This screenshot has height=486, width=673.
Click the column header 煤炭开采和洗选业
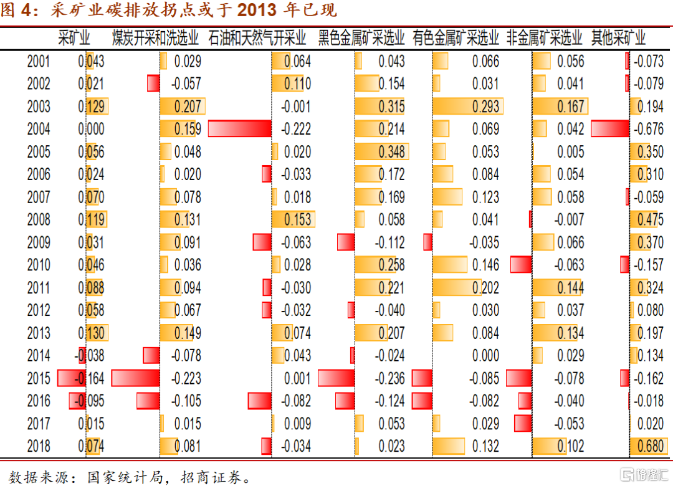[156, 38]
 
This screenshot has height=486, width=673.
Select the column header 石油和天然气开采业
[257, 38]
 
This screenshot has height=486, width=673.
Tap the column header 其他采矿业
[618, 38]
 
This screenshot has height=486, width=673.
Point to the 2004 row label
[39, 130]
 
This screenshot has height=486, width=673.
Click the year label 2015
[39, 378]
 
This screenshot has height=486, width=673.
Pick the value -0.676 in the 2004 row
[649, 130]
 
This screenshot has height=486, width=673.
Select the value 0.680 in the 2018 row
[649, 446]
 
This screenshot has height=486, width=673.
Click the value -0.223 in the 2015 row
[188, 378]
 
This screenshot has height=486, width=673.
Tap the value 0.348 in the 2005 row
[391, 152]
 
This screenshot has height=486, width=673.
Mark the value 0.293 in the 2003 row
[485, 107]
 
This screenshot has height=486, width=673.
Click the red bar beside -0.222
[240, 129]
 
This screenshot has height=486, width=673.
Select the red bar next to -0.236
[336, 378]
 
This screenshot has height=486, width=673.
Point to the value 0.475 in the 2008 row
[650, 220]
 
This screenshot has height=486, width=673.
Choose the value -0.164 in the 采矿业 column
[91, 378]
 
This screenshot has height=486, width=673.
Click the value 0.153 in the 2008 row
[297, 220]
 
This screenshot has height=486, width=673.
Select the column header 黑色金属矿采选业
[361, 38]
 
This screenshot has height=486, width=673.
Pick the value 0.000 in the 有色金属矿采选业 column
[485, 356]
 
